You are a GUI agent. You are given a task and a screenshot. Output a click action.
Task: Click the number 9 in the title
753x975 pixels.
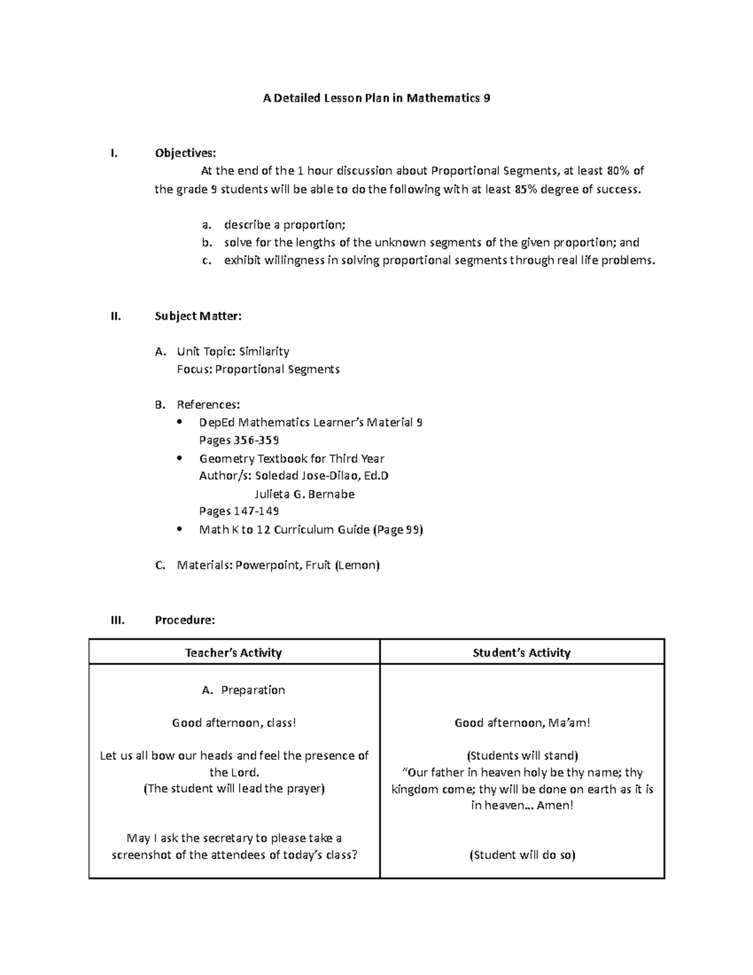(487, 98)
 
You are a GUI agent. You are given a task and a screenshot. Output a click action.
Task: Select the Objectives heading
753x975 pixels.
(184, 153)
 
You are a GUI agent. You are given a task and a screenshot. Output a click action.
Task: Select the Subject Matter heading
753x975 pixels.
(198, 316)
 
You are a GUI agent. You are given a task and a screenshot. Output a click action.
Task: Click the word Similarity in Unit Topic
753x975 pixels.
(264, 351)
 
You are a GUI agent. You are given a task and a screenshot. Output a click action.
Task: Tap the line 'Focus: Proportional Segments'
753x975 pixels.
(258, 369)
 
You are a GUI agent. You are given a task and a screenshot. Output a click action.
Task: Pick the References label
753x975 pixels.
(208, 404)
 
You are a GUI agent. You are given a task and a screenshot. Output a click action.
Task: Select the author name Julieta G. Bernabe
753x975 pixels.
(304, 494)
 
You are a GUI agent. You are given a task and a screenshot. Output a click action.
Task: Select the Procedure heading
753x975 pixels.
(184, 620)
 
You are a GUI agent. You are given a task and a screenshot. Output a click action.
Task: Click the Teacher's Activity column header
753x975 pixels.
(233, 652)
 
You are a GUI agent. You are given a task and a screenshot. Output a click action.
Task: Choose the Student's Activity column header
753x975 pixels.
(521, 652)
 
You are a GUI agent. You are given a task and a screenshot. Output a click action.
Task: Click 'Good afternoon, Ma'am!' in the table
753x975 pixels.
(522, 723)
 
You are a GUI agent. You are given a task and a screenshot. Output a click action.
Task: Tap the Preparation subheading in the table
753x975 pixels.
(253, 690)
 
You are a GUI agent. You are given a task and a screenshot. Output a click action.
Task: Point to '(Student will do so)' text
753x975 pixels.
(522, 854)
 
